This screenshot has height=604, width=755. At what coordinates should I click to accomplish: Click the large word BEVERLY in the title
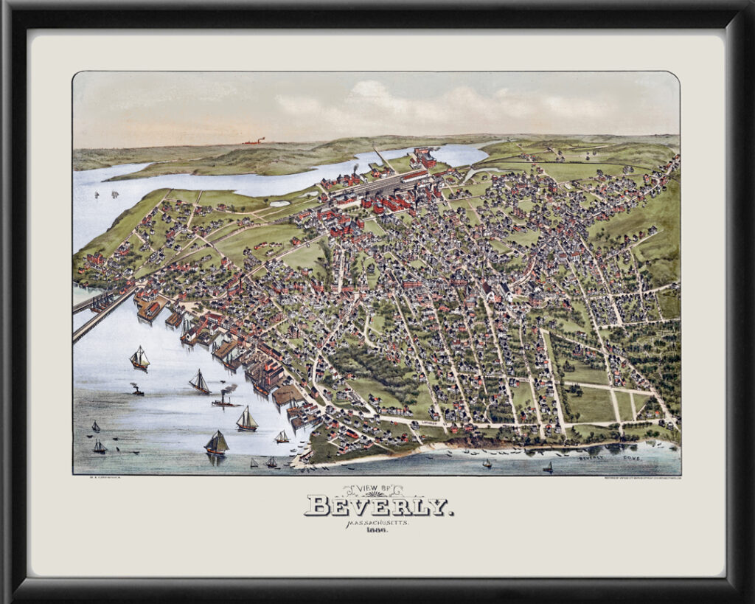pos(378,507)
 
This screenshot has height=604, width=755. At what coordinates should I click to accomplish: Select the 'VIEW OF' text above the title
pos(375,489)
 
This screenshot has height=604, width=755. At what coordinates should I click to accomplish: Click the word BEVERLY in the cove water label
pos(591,458)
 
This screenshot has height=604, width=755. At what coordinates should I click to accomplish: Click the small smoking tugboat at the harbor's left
pos(136,389)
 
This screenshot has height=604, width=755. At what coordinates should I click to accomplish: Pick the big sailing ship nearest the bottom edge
pos(216,443)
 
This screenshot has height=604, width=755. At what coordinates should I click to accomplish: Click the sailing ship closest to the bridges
pos(139,358)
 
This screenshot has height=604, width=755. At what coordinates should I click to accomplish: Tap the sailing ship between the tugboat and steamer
pos(198,382)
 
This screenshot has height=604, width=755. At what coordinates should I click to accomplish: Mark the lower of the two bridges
pos(103,315)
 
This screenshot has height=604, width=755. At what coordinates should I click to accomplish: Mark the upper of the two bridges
pos(92,299)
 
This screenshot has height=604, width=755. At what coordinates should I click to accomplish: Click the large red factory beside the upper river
pos(422,157)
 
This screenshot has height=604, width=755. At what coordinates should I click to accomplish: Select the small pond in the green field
pos(280,203)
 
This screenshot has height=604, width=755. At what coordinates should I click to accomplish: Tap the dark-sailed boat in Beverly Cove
pos(548,467)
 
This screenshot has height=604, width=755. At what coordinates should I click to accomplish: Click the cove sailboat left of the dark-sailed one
pos(487,463)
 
